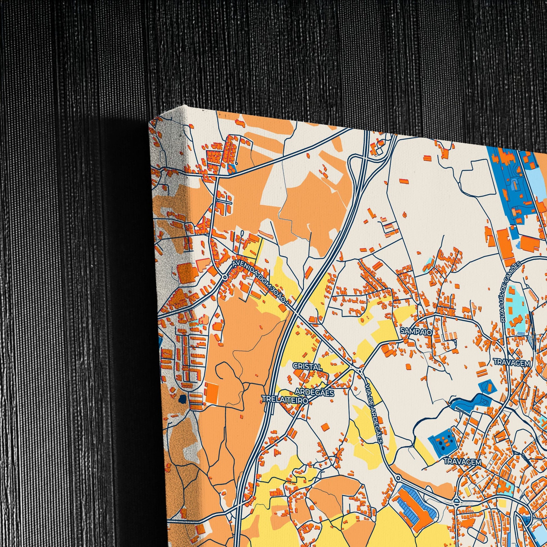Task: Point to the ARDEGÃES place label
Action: point(315,392)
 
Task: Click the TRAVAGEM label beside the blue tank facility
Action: point(462,462)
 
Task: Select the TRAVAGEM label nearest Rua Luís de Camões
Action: point(512,362)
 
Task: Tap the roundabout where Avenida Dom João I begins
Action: point(225,277)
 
